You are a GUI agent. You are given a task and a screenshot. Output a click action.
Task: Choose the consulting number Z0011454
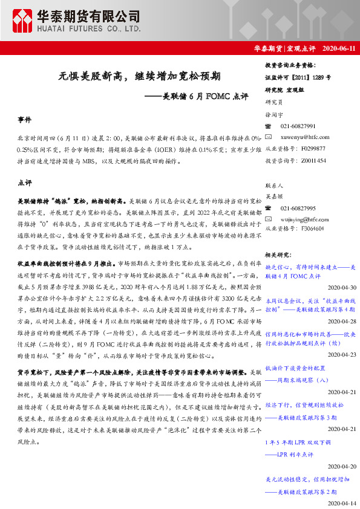312,160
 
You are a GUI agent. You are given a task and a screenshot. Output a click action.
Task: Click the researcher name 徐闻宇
274,114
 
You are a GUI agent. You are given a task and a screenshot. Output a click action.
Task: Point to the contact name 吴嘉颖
274,196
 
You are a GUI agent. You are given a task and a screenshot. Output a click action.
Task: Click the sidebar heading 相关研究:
279,255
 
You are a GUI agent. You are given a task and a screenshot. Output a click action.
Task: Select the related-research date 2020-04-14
342,503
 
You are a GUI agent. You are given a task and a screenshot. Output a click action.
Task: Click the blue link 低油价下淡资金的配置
295,368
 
